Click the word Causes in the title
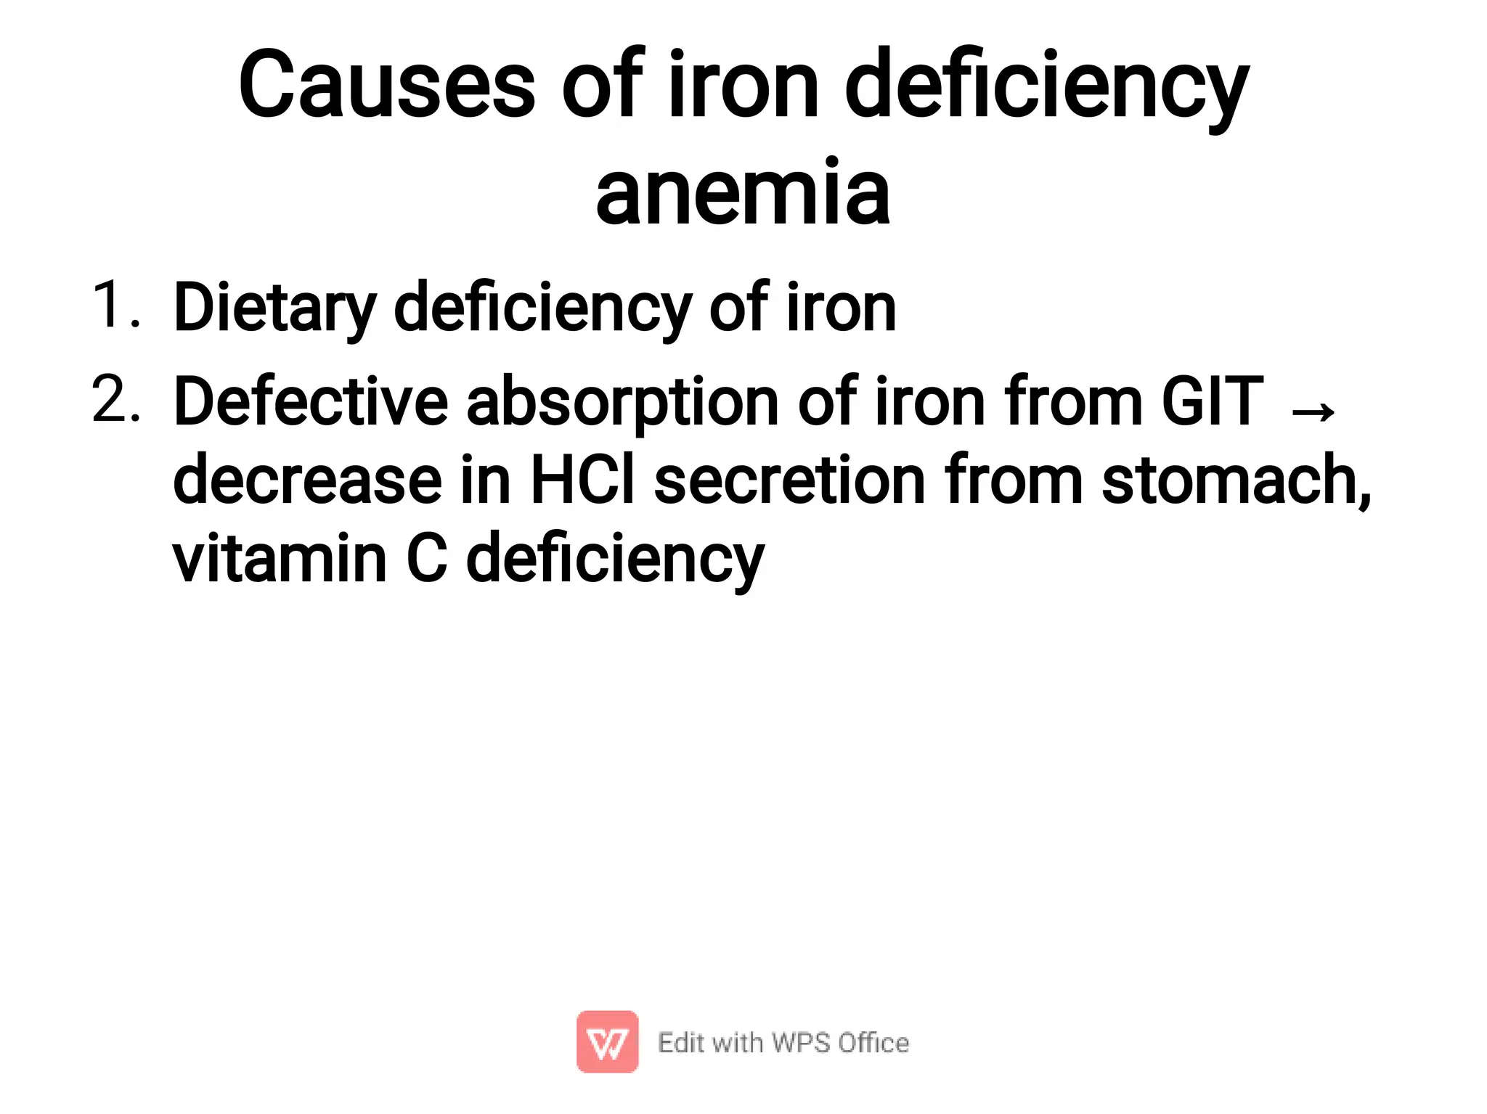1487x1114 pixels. (x=386, y=85)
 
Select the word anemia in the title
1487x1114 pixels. (x=743, y=192)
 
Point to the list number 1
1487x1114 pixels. (x=113, y=305)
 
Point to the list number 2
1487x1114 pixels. (x=115, y=399)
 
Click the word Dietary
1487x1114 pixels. (x=274, y=308)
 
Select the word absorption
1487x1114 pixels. (x=622, y=403)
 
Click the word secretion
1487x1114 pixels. (x=789, y=480)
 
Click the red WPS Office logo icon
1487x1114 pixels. (x=607, y=1041)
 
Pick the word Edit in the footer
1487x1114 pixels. (x=680, y=1042)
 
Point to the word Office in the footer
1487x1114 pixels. (x=873, y=1042)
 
